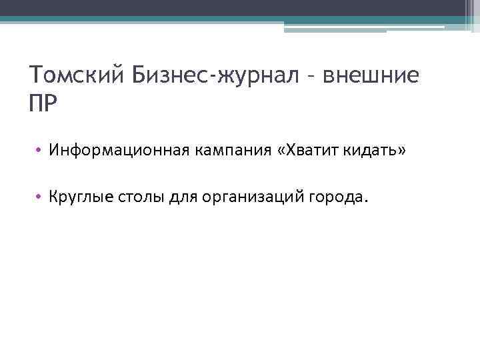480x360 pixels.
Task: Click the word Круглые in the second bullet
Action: (x=77, y=197)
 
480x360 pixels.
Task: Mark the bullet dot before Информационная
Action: (x=40, y=153)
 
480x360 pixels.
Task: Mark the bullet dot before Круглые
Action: (x=40, y=197)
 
